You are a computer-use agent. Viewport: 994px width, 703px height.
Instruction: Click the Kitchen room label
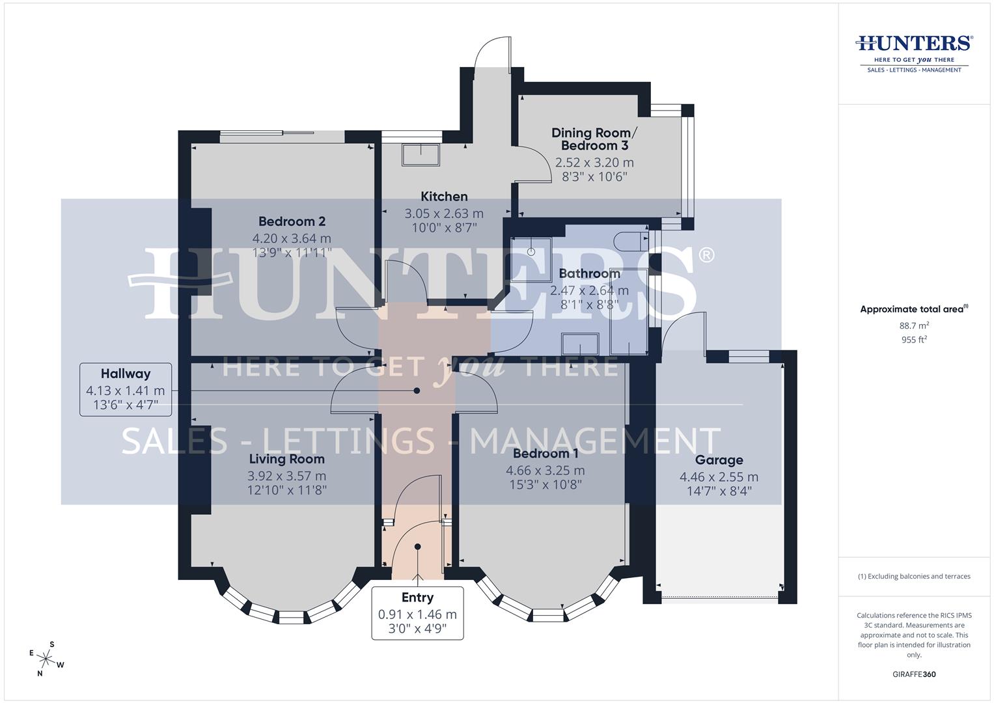pyautogui.click(x=444, y=197)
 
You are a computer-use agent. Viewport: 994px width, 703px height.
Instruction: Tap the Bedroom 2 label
pyautogui.click(x=292, y=221)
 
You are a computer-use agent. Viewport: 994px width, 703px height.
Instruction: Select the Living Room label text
pyautogui.click(x=286, y=459)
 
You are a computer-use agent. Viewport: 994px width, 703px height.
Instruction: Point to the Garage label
pyautogui.click(x=719, y=460)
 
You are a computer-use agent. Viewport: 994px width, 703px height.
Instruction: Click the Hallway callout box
pyautogui.click(x=126, y=389)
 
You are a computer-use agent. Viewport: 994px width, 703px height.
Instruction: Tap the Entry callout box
pyautogui.click(x=417, y=613)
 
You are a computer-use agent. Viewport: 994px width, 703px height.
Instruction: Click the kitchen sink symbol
pyautogui.click(x=421, y=155)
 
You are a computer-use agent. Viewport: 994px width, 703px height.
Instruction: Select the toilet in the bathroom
pyautogui.click(x=633, y=240)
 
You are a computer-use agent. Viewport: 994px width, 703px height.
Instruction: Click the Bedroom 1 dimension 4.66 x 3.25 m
pyautogui.click(x=545, y=470)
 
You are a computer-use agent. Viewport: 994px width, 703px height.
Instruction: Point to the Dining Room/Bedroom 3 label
pyautogui.click(x=594, y=139)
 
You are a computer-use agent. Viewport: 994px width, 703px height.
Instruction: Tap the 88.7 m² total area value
pyautogui.click(x=914, y=325)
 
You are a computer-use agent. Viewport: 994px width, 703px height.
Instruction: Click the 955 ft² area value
pyautogui.click(x=914, y=340)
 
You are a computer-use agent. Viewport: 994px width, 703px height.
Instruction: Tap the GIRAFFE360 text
pyautogui.click(x=914, y=674)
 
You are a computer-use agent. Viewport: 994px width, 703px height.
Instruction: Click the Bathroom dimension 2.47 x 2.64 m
pyautogui.click(x=589, y=291)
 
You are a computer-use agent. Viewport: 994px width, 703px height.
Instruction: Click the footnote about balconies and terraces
pyautogui.click(x=914, y=576)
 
